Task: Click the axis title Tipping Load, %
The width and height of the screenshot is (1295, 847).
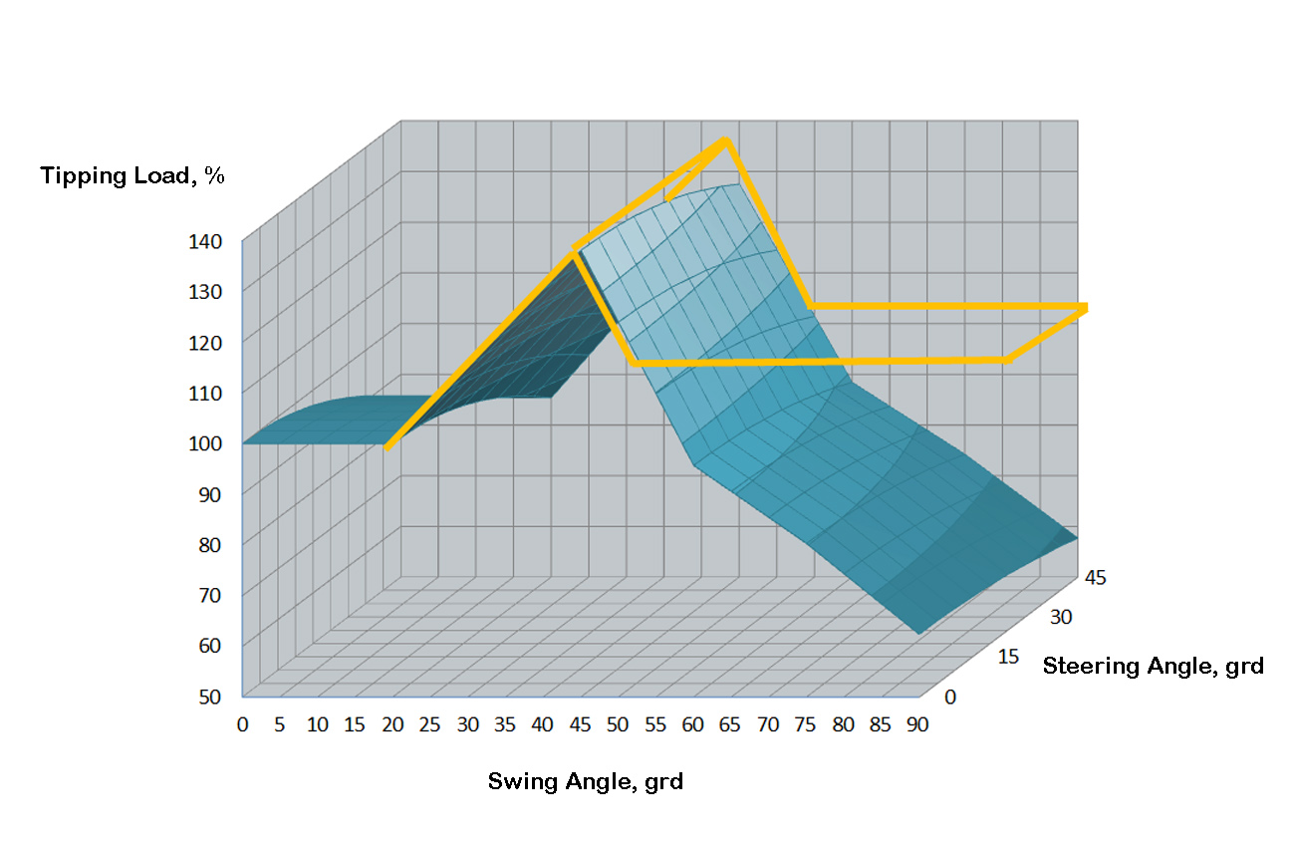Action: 132,176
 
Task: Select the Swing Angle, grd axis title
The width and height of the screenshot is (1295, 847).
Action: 585,781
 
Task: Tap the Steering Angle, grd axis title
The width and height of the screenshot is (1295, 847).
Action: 1153,666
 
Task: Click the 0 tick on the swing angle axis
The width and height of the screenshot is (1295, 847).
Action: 242,724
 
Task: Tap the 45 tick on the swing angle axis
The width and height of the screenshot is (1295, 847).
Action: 580,724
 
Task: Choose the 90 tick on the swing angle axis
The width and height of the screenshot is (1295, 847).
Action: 917,724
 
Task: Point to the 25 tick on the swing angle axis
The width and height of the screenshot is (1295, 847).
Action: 430,724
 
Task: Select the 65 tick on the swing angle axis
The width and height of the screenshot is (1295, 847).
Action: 730,724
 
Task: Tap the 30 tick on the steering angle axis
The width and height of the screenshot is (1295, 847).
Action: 1061,617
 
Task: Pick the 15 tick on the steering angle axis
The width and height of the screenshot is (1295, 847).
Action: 1007,658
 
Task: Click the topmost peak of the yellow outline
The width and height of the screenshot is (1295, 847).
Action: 726,141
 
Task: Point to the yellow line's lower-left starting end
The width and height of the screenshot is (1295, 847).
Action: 388,447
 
